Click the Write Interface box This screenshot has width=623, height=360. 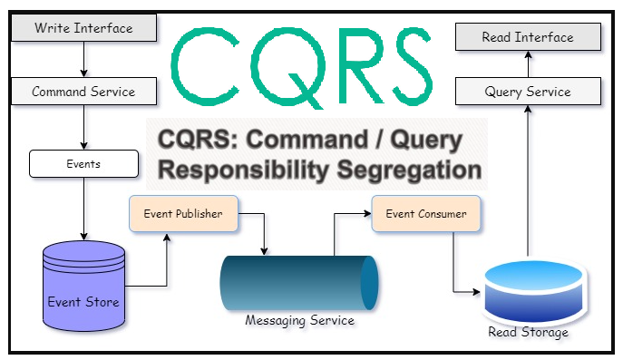click(x=83, y=28)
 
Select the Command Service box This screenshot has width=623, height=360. click(x=83, y=92)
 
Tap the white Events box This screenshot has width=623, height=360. click(x=83, y=164)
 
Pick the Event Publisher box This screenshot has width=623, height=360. click(x=183, y=214)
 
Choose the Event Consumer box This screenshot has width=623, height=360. click(x=425, y=214)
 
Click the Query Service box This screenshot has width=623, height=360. click(x=528, y=92)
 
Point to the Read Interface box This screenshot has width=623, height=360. click(x=528, y=38)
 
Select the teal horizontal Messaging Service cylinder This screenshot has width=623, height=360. click(x=299, y=285)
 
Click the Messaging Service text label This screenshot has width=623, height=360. click(x=299, y=321)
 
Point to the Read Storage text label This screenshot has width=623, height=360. click(x=528, y=333)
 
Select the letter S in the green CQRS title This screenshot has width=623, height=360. click(x=401, y=63)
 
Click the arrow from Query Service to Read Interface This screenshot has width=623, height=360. click(x=528, y=65)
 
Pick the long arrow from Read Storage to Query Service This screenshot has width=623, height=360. click(x=528, y=181)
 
